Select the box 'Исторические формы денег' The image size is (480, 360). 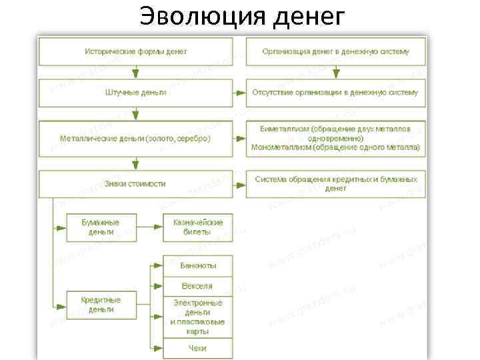point(135,51)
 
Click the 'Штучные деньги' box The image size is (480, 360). point(135,93)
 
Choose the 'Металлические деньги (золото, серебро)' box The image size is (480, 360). point(135,139)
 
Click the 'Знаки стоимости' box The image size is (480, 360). point(135,183)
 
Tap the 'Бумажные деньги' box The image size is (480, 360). point(100,227)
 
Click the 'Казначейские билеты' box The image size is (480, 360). point(198,227)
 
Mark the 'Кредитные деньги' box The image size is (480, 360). point(100,305)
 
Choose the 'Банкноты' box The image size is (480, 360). point(198,265)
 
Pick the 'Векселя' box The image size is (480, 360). point(198,286)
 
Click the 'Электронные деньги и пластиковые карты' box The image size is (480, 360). point(198,317)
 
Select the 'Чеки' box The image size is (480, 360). point(198,348)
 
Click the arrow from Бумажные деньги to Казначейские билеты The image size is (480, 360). point(150,227)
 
